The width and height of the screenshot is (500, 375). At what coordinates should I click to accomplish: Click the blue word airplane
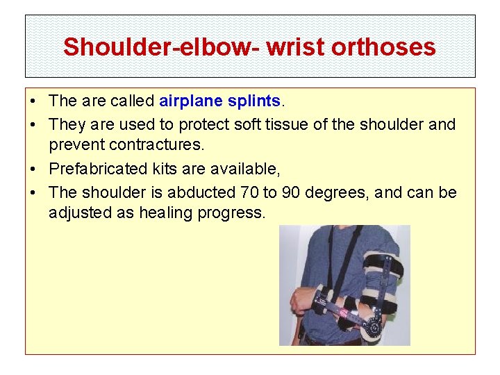[190, 101]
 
